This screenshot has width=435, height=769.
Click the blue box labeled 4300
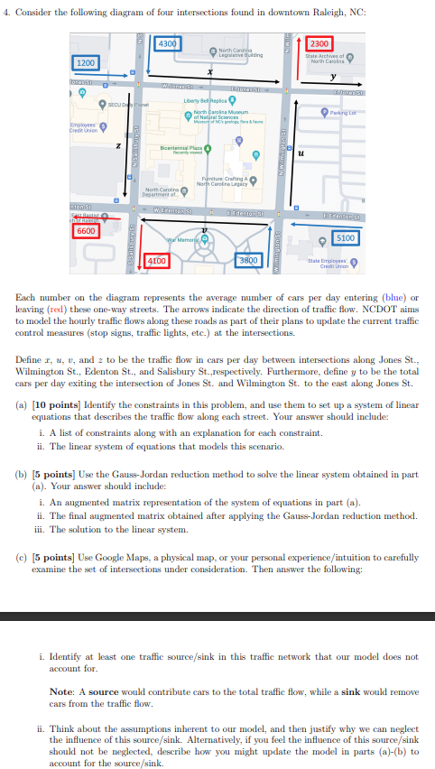click(168, 43)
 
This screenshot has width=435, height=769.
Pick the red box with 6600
click(85, 231)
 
